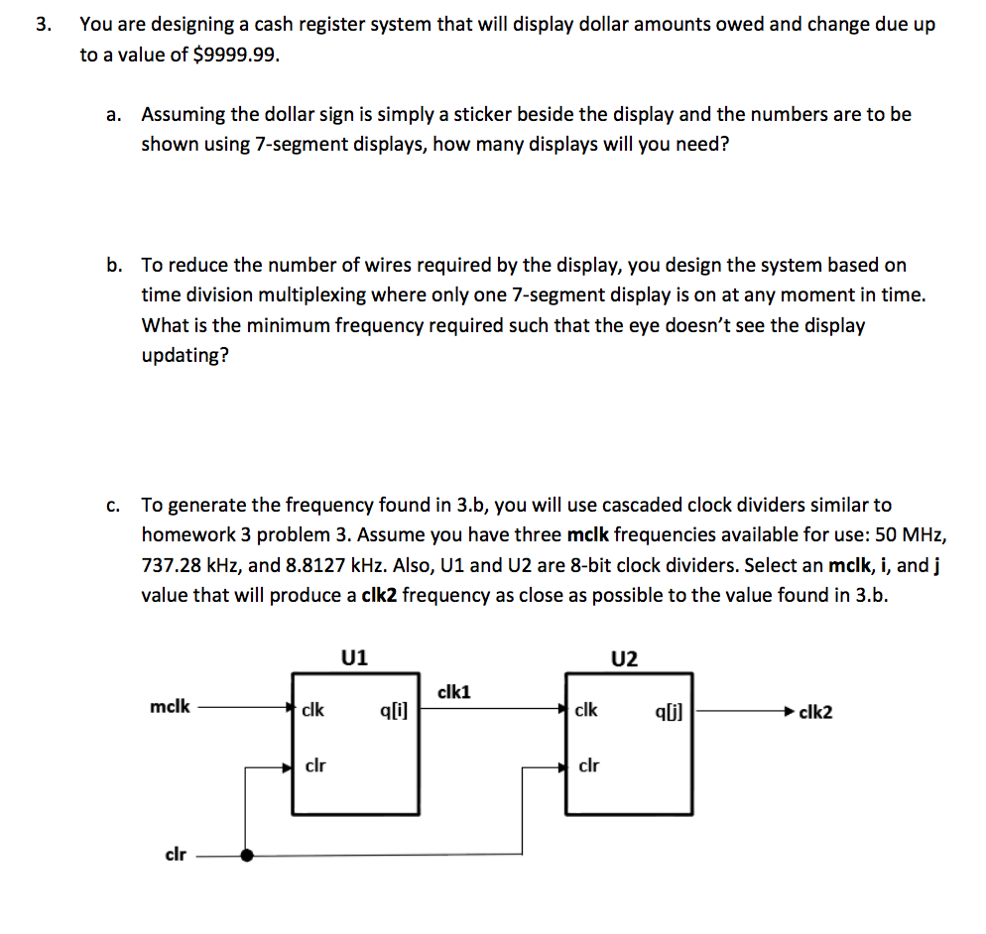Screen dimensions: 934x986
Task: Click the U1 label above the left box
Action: pyautogui.click(x=354, y=656)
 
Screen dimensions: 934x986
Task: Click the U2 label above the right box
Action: pyautogui.click(x=626, y=658)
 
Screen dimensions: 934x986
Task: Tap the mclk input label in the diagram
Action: pyautogui.click(x=169, y=708)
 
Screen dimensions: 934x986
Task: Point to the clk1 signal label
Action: pyautogui.click(x=453, y=692)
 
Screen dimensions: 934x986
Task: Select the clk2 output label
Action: pyautogui.click(x=815, y=712)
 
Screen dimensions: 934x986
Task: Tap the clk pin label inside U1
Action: pyautogui.click(x=313, y=710)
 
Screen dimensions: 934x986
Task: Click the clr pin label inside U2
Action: pyautogui.click(x=587, y=765)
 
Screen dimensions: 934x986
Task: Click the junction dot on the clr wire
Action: pyautogui.click(x=246, y=855)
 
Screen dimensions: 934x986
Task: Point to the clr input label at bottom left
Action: pyautogui.click(x=175, y=854)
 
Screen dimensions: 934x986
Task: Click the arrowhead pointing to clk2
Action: pyautogui.click(x=790, y=711)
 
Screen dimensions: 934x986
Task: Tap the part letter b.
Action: pyautogui.click(x=116, y=265)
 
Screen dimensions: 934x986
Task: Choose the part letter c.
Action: pyautogui.click(x=115, y=506)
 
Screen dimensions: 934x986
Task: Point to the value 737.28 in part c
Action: pyautogui.click(x=176, y=566)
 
